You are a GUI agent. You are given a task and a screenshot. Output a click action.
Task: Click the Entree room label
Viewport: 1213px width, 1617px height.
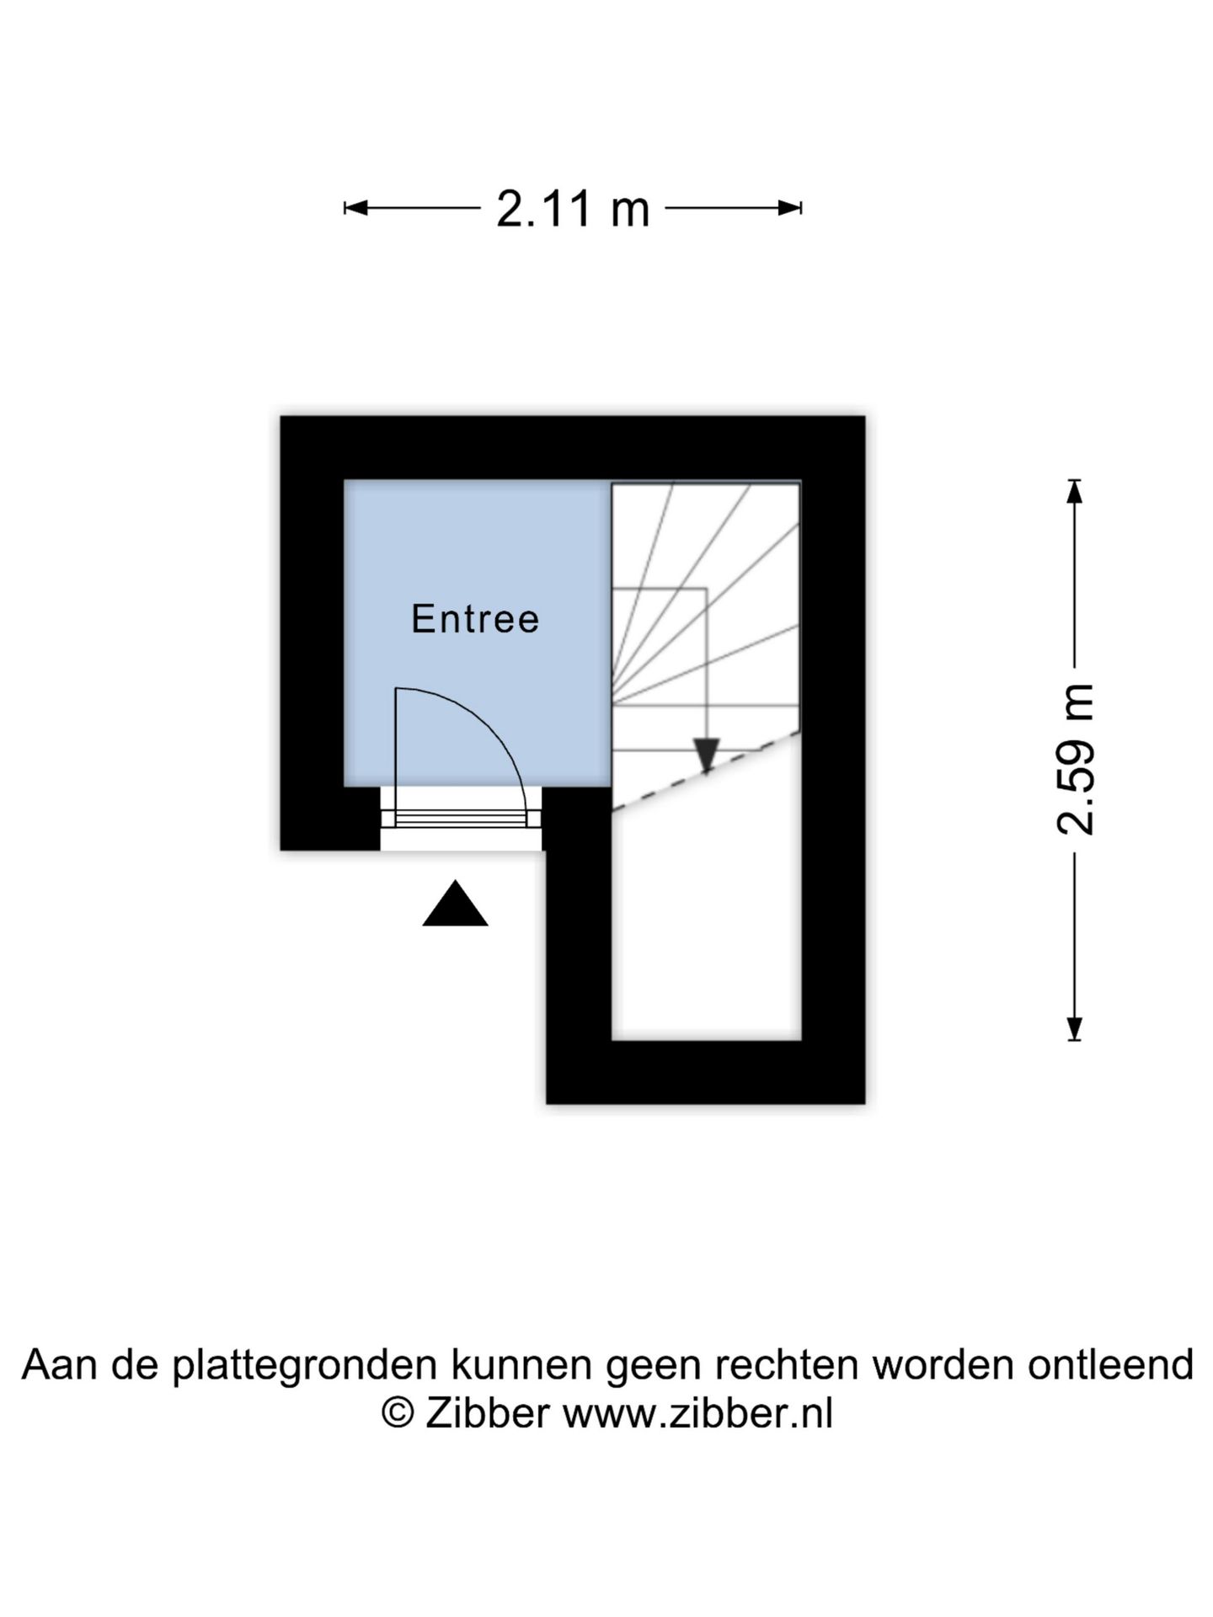tap(475, 619)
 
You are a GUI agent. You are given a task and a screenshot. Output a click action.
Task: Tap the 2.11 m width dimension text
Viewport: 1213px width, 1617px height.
tap(573, 209)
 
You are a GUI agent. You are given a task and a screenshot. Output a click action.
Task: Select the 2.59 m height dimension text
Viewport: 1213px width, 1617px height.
tap(1076, 760)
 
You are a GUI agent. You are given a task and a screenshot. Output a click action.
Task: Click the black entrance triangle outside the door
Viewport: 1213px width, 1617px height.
tap(455, 903)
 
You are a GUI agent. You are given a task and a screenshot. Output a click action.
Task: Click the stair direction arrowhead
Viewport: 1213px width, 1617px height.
tap(706, 755)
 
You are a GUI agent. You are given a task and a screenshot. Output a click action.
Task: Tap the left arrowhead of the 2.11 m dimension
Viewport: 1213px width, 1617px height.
tap(355, 208)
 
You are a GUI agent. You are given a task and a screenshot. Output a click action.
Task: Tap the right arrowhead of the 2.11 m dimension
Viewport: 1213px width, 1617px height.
tap(790, 208)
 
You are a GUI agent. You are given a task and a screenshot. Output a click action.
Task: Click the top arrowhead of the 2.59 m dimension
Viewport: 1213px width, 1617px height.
tap(1074, 492)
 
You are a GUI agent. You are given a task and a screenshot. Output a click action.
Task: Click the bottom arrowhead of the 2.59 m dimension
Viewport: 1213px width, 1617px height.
tap(1074, 1029)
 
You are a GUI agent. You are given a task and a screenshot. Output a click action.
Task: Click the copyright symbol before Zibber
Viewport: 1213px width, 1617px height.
tap(398, 1413)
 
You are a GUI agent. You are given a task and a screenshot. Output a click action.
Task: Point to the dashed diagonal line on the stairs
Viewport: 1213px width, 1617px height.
tap(706, 771)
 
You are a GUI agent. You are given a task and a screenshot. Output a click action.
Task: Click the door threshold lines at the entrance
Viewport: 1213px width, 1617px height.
tap(461, 819)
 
